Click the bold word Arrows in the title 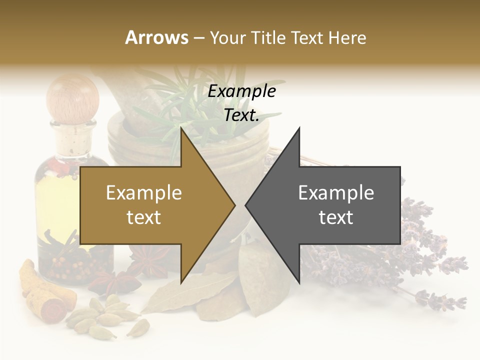156,37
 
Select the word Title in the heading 270,37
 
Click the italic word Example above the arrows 242,91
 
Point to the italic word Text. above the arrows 242,115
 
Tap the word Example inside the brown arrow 144,193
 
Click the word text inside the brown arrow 144,217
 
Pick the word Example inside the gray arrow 336,193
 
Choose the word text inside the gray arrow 336,217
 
